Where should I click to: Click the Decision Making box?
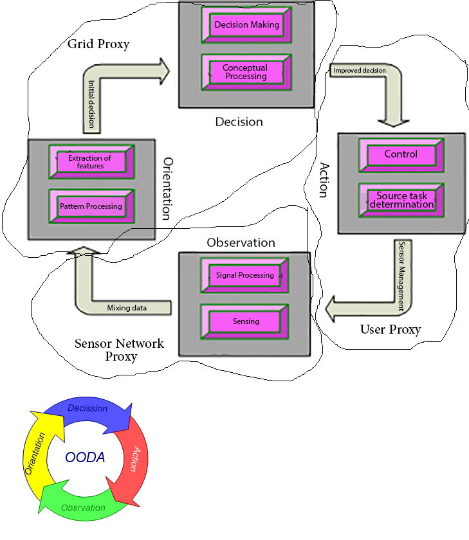(246, 25)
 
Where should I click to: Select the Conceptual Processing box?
(244, 72)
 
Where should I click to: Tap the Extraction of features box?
(90, 161)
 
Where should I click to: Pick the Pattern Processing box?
(91, 206)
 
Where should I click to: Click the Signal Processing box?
(244, 275)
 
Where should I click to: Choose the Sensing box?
(244, 320)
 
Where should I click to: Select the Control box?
(401, 154)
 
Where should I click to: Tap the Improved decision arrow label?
(360, 70)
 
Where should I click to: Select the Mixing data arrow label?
(127, 308)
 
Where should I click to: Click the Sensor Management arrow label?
(401, 276)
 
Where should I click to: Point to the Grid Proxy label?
(98, 44)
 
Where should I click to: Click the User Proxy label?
(390, 330)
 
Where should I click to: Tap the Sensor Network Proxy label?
(119, 350)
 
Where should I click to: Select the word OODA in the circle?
(85, 458)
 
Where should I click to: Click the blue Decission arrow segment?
(88, 411)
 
